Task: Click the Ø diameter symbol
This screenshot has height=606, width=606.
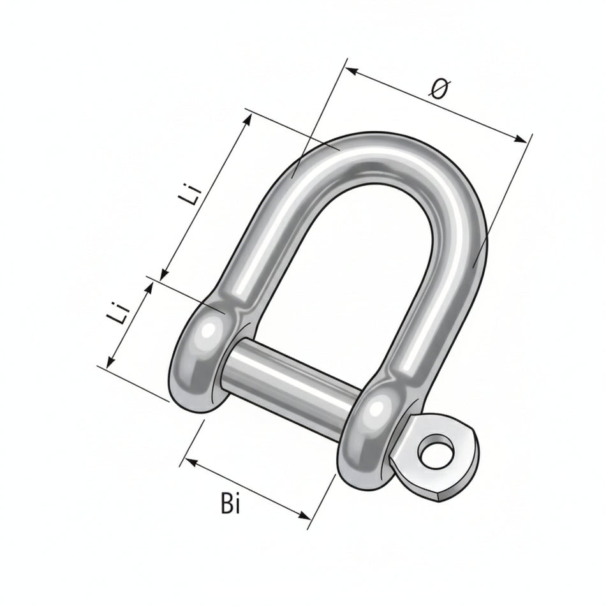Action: (440, 90)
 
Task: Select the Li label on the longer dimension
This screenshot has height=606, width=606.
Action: (192, 195)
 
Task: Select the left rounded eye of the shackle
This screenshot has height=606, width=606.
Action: (201, 357)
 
